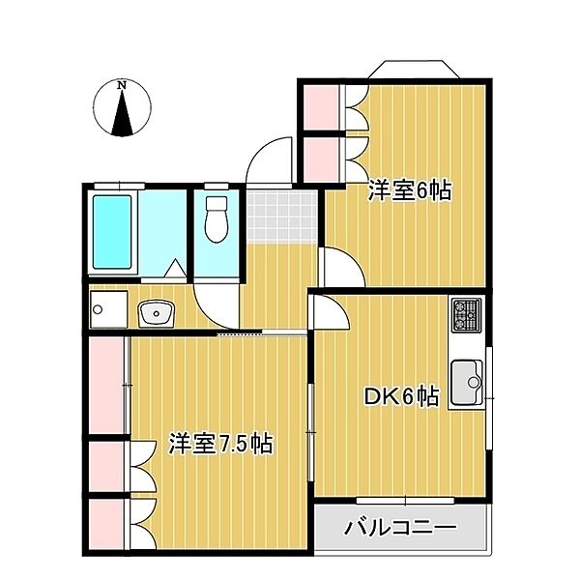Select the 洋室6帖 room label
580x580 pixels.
click(409, 190)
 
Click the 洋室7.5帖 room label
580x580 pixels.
click(220, 444)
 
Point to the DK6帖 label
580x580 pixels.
click(401, 396)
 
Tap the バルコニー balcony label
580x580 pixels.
click(399, 529)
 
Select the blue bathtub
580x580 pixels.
click(111, 235)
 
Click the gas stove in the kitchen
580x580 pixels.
click(466, 314)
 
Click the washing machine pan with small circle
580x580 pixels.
click(104, 310)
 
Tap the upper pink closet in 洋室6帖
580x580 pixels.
click(319, 107)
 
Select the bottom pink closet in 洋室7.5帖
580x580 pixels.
click(106, 524)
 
